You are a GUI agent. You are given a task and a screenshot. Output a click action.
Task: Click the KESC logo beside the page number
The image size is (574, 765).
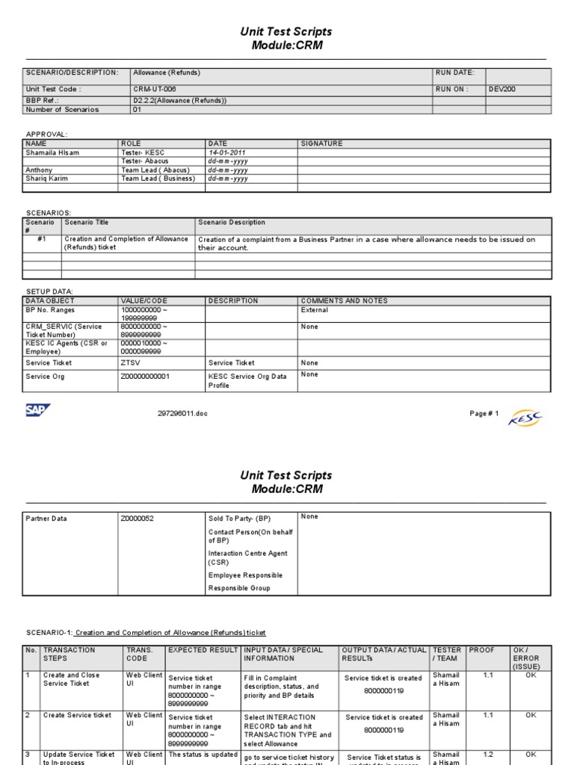[525, 418]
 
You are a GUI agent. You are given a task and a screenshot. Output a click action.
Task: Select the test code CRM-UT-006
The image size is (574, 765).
[155, 89]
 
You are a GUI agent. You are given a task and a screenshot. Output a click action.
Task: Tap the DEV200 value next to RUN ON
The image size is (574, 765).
[502, 89]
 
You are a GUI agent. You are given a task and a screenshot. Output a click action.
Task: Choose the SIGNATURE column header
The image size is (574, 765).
[322, 143]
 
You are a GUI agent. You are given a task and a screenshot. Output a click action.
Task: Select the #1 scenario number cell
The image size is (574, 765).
[42, 240]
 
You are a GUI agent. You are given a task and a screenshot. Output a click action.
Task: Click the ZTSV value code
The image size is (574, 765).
[129, 362]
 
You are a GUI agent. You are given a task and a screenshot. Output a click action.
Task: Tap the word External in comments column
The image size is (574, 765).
[315, 309]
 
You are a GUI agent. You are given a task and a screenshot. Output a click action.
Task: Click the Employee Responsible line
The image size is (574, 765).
[244, 574]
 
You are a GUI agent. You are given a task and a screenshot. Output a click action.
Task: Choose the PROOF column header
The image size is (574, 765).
[482, 651]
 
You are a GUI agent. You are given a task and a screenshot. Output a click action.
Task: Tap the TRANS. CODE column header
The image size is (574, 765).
[143, 654]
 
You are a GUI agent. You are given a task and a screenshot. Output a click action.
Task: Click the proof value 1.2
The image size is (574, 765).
[487, 755]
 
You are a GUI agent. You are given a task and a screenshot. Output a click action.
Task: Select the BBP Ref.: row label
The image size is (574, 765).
[42, 99]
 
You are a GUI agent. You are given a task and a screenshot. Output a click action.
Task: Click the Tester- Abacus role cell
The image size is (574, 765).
[144, 161]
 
